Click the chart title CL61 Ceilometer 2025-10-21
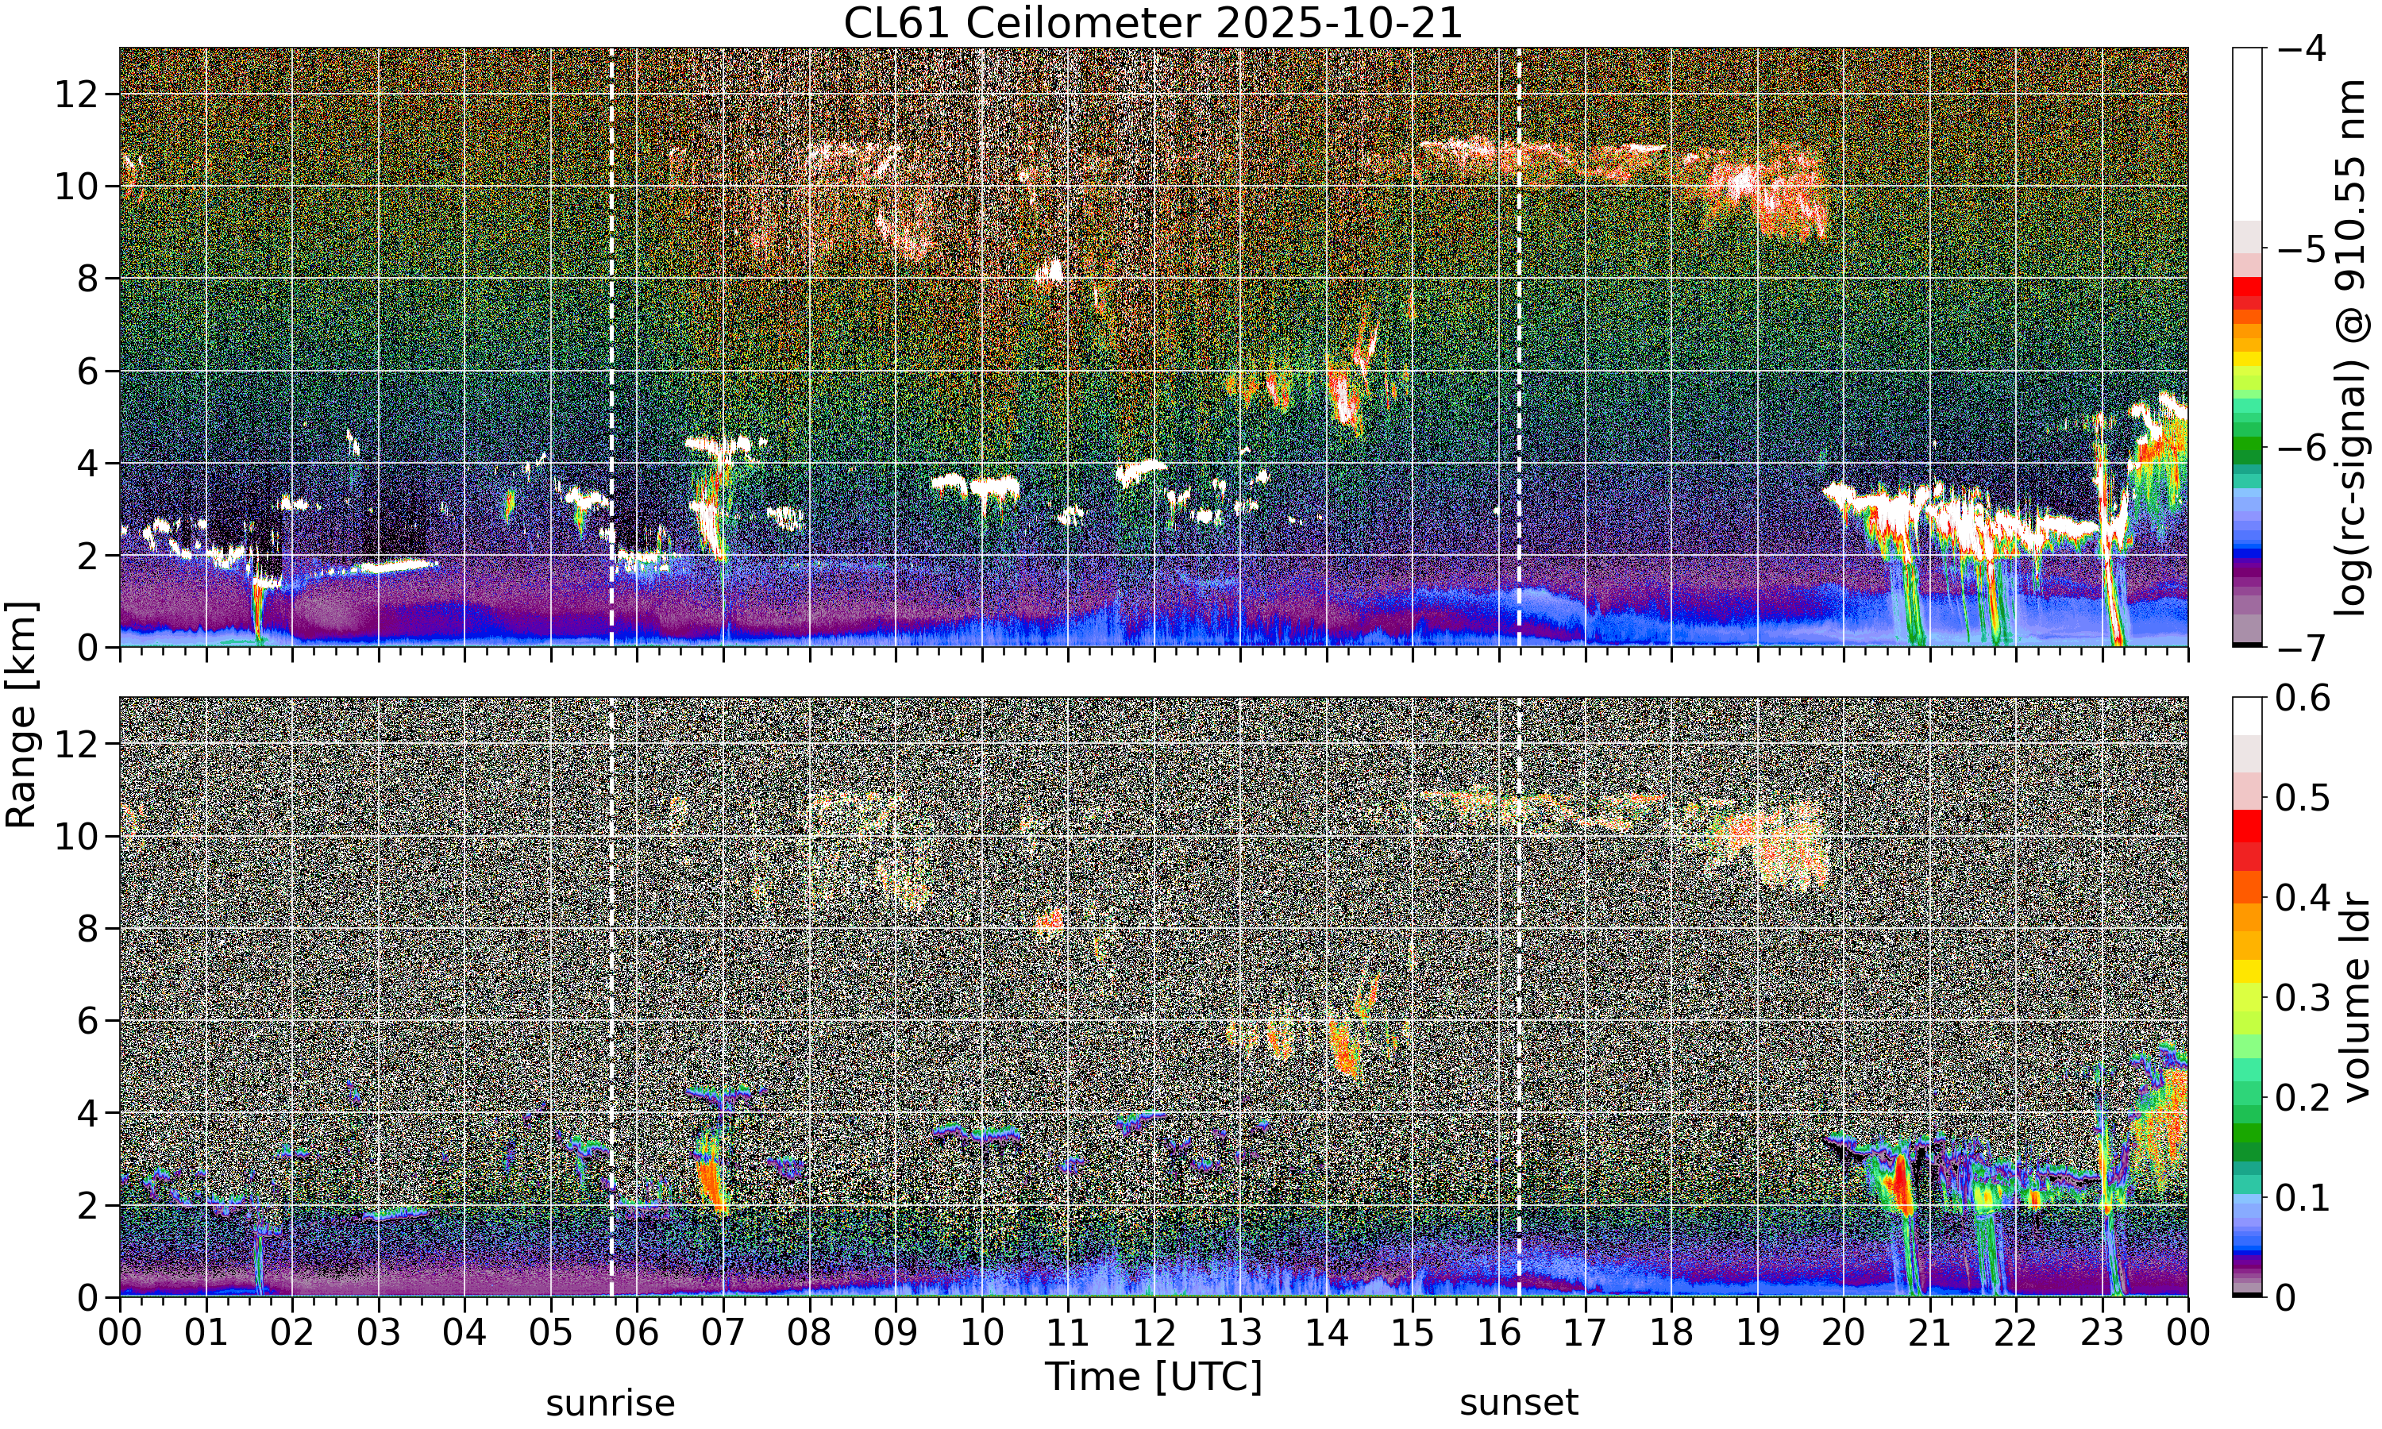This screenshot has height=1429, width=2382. pos(1152,23)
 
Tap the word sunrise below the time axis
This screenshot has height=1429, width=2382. pos(611,1402)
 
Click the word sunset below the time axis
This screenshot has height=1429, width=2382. pos(1518,1402)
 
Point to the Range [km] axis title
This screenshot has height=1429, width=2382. pos(21,714)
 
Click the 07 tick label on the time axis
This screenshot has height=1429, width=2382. pos(723,1334)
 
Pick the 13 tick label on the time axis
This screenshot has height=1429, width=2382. pos(1240,1334)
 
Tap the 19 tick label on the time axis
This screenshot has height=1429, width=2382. pos(1757,1334)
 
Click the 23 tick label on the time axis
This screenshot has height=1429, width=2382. pos(2102,1334)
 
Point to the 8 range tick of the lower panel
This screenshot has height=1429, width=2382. pos(89,928)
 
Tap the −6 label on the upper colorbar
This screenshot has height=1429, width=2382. pos(2303,448)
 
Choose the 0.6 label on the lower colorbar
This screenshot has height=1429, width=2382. pos(2303,697)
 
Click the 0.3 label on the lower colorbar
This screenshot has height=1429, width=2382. pos(2303,998)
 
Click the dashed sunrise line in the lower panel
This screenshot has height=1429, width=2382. pos(611,996)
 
